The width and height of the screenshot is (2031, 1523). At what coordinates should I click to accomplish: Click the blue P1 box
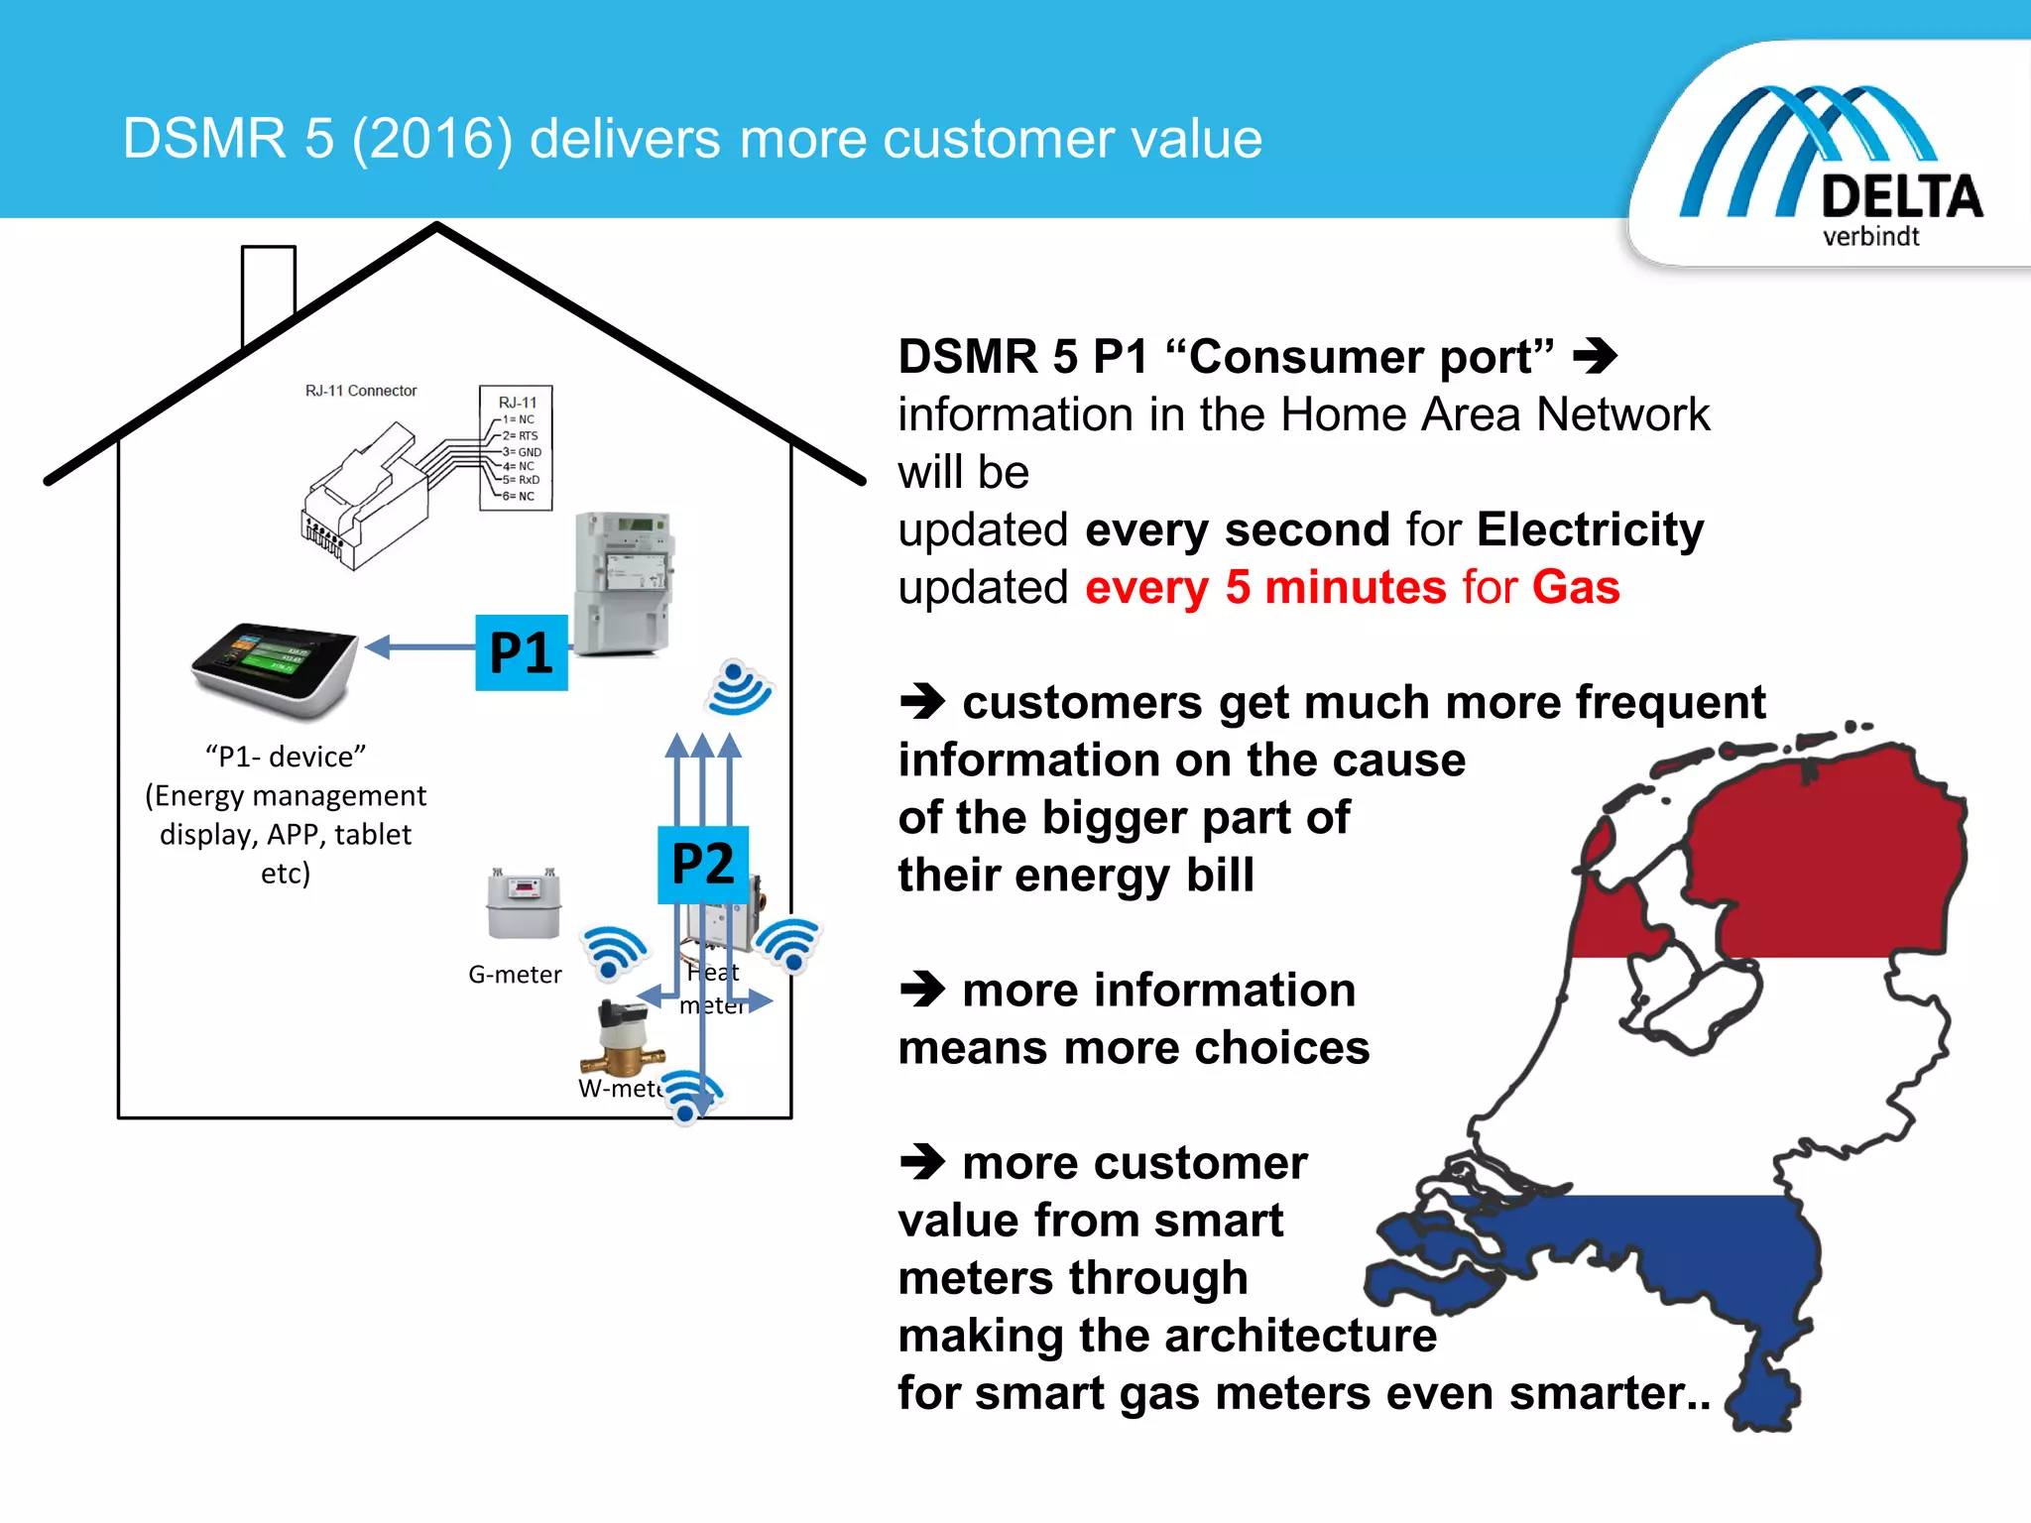tap(521, 652)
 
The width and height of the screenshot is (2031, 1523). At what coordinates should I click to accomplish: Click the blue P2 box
tap(702, 864)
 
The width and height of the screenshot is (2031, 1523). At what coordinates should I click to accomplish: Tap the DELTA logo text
tap(1901, 196)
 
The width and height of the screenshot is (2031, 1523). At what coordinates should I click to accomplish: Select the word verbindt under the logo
tap(1870, 237)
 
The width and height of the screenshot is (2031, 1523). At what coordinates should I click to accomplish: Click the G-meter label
tap(515, 975)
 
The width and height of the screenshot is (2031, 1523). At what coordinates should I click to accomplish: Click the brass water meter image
tap(622, 1039)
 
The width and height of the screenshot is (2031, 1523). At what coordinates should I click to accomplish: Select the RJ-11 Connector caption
tap(361, 391)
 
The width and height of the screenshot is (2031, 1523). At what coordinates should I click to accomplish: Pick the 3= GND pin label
tap(522, 452)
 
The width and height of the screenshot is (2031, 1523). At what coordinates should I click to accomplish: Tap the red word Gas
tap(1576, 587)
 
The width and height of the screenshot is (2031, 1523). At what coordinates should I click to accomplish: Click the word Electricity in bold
tap(1590, 529)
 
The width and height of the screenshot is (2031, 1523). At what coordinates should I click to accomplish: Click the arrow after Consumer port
tap(1595, 356)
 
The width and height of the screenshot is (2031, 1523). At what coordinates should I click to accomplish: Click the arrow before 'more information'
tap(922, 989)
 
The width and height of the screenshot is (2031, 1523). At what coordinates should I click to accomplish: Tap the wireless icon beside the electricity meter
tap(739, 688)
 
